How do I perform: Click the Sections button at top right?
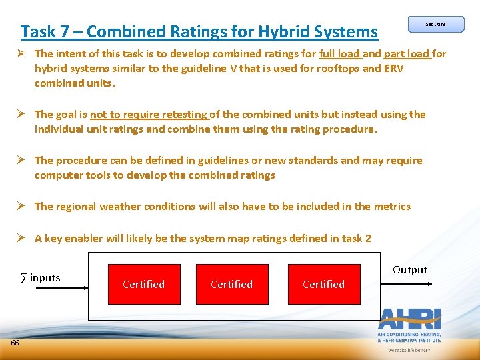(435, 24)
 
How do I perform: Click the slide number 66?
(15, 343)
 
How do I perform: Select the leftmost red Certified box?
(143, 284)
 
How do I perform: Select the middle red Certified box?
(231, 284)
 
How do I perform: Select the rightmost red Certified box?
(323, 284)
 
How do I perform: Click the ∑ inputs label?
(41, 277)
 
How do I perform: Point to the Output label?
(410, 270)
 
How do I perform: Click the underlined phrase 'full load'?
(339, 54)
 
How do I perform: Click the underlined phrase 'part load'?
(407, 54)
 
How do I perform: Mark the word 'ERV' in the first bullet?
(393, 69)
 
